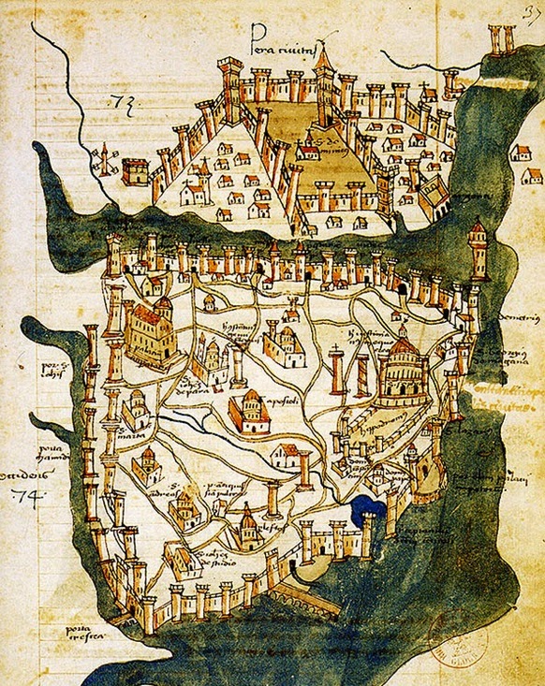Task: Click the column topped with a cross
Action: point(336,370)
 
